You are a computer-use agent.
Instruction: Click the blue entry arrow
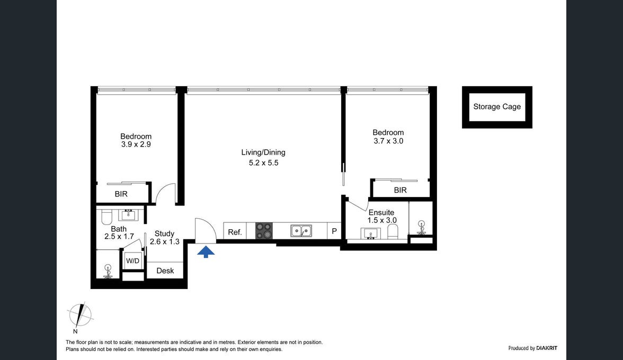point(206,251)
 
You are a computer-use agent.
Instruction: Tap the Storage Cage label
point(497,107)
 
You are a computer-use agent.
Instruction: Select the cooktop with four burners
point(263,231)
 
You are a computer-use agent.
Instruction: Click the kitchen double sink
point(301,231)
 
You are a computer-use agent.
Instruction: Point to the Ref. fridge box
point(235,231)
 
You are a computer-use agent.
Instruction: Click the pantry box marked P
point(334,231)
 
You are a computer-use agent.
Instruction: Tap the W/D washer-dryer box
point(132,261)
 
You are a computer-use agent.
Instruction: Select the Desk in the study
point(165,271)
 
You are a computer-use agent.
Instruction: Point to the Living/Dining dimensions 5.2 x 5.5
point(263,163)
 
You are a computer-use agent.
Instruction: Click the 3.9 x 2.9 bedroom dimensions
point(136,145)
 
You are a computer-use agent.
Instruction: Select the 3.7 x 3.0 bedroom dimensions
point(388,141)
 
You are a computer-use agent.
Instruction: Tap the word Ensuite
point(381,212)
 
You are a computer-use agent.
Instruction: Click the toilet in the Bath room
point(106,217)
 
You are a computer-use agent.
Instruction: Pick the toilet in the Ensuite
point(393,231)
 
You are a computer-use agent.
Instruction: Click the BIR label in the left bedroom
point(121,194)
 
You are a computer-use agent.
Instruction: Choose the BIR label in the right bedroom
point(400,190)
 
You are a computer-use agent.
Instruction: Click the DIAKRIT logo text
point(547,348)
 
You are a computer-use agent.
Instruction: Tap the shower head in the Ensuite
point(421,228)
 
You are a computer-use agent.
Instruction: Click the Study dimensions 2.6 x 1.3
point(164,242)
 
